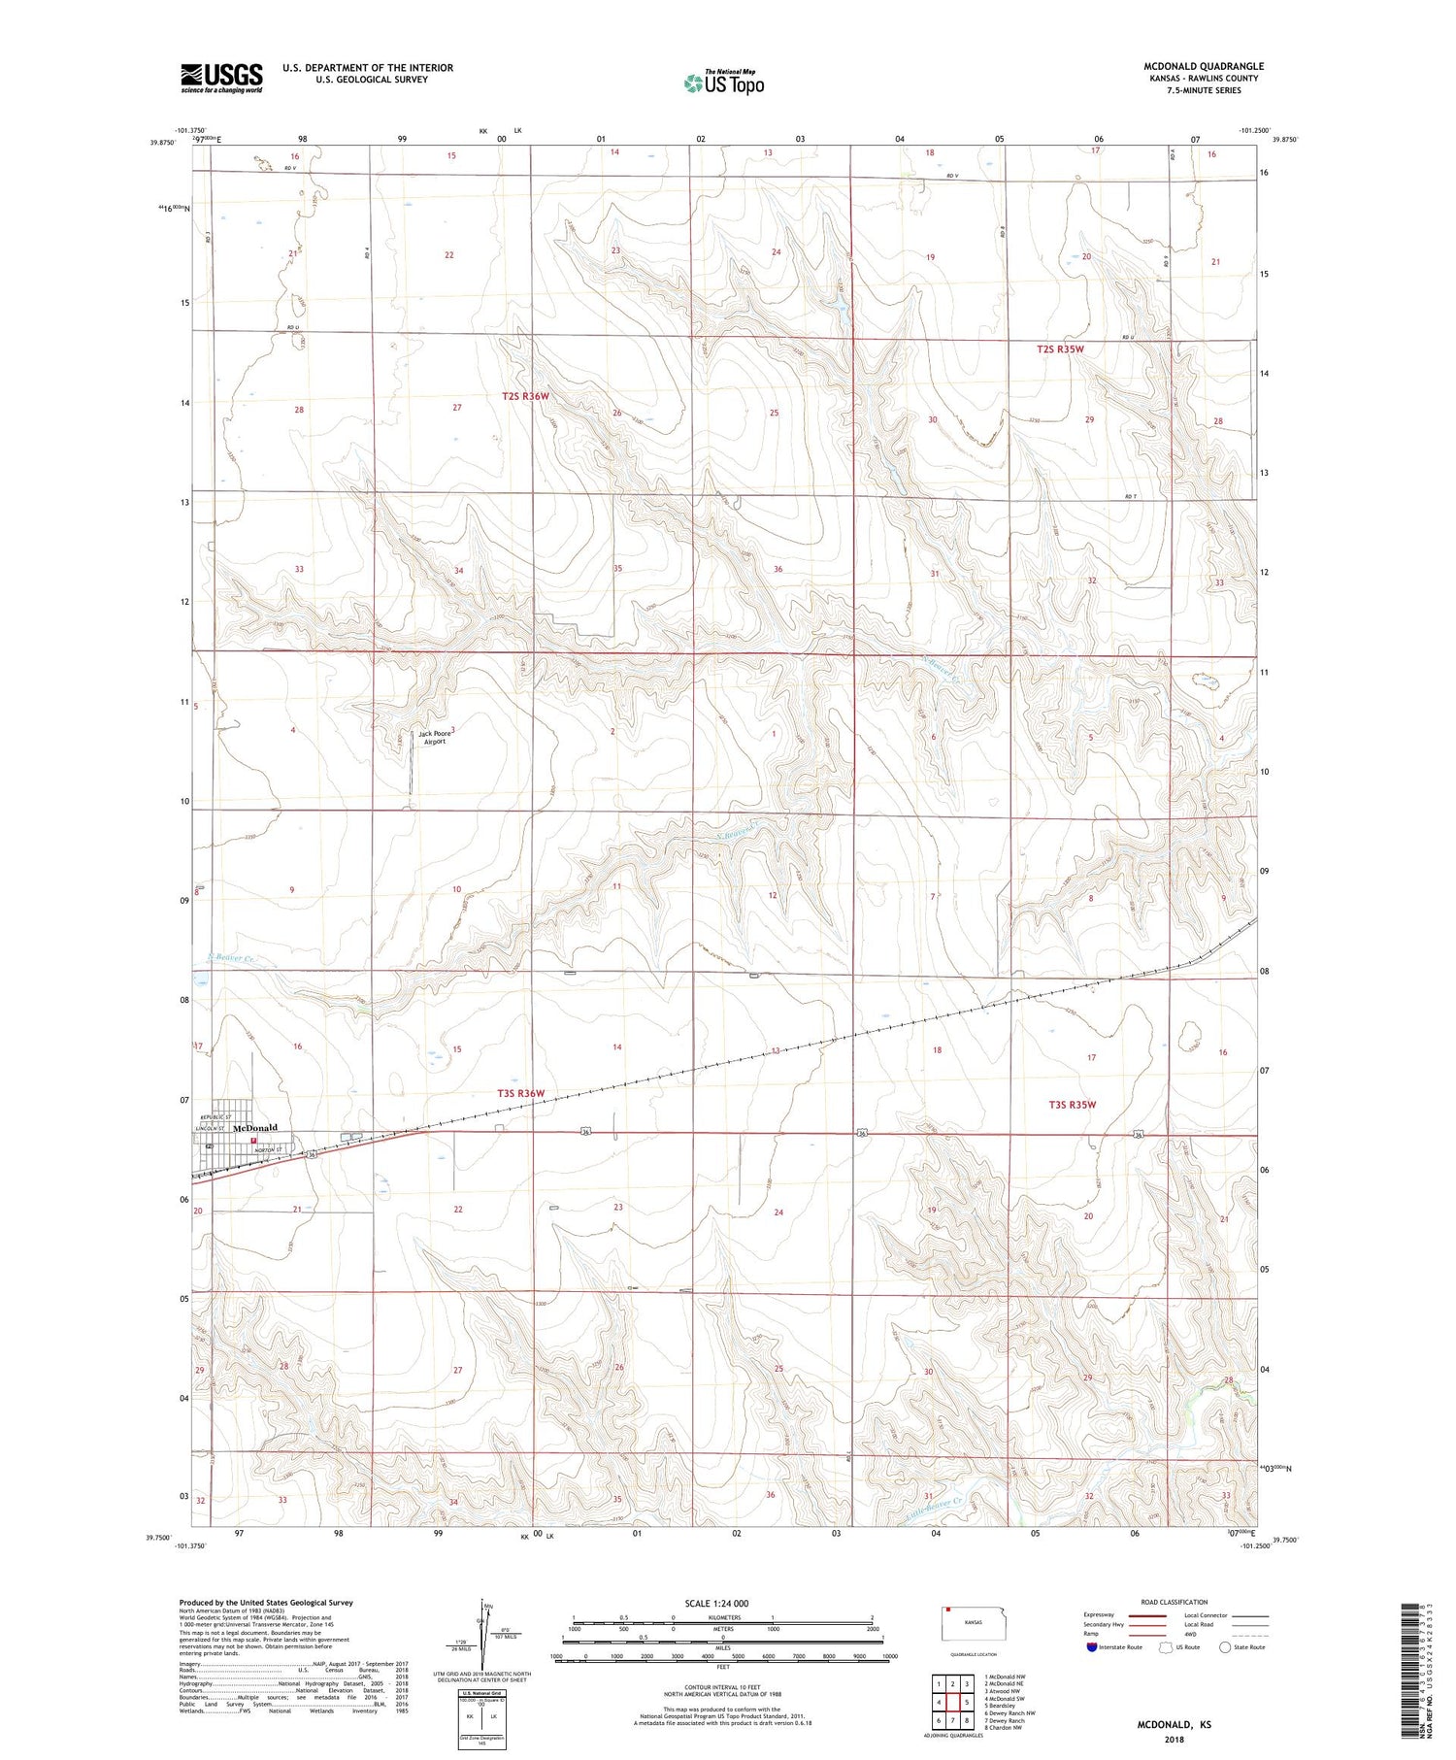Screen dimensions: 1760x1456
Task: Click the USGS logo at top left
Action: (221, 78)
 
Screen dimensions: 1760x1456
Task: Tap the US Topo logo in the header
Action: (724, 83)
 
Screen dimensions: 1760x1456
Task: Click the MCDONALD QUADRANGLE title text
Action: (1203, 66)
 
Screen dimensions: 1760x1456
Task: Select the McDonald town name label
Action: (254, 1128)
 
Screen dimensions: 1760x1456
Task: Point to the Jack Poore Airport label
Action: (432, 737)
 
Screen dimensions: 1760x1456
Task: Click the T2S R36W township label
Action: (526, 396)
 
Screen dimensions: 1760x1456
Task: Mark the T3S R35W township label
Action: (1072, 1105)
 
